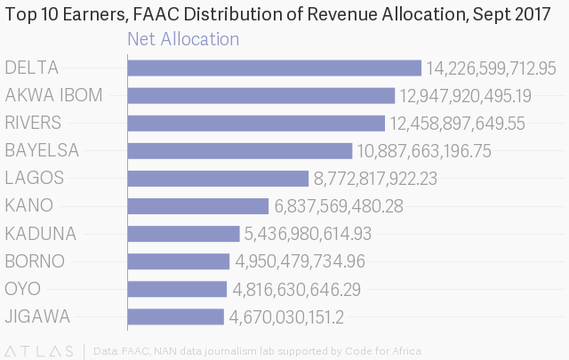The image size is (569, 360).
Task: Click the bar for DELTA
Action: pyautogui.click(x=274, y=68)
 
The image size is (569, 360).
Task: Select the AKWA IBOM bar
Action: pyautogui.click(x=260, y=96)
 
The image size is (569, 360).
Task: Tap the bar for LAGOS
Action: pyautogui.click(x=218, y=178)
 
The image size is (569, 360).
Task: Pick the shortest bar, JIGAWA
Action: pyautogui.click(x=176, y=316)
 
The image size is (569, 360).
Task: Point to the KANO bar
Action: pyautogui.click(x=197, y=206)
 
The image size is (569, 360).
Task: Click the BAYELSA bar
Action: pyautogui.click(x=240, y=151)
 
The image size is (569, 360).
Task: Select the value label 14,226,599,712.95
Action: pyautogui.click(x=491, y=68)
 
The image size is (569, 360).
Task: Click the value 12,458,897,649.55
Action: pyautogui.click(x=457, y=124)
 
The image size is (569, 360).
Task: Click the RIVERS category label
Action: pyautogui.click(x=33, y=123)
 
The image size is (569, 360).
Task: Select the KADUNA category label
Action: pyautogui.click(x=40, y=234)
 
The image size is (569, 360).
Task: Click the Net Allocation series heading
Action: pyautogui.click(x=183, y=39)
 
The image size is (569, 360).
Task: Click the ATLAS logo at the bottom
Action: pyautogui.click(x=42, y=350)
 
